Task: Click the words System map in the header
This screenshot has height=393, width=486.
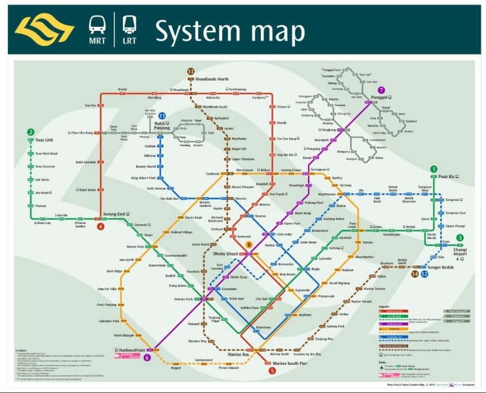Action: click(x=230, y=31)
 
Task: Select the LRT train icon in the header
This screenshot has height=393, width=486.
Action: click(x=130, y=26)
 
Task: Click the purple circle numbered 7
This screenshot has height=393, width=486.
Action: click(x=381, y=90)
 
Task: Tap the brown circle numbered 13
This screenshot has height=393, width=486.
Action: click(x=191, y=71)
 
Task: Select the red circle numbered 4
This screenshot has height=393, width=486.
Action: click(x=101, y=227)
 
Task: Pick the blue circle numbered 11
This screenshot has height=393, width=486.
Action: click(x=162, y=116)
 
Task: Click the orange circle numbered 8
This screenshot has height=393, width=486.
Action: click(x=249, y=244)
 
